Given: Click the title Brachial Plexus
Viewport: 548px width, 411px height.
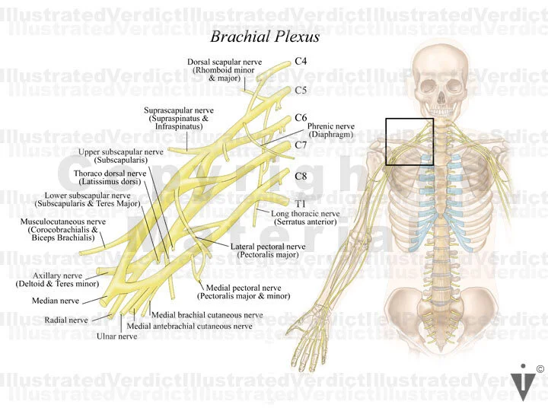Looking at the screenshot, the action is tap(265, 36).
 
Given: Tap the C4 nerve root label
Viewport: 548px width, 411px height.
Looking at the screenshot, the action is tap(301, 61).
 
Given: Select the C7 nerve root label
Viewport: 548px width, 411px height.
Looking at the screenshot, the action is tap(301, 145).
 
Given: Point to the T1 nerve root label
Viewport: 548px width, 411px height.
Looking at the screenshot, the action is tap(301, 203).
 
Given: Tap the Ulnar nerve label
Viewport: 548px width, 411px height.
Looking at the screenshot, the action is tap(116, 336).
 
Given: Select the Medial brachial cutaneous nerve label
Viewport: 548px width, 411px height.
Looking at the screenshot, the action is tap(207, 314).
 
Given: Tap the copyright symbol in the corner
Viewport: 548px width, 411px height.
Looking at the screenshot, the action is tap(540, 369).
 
